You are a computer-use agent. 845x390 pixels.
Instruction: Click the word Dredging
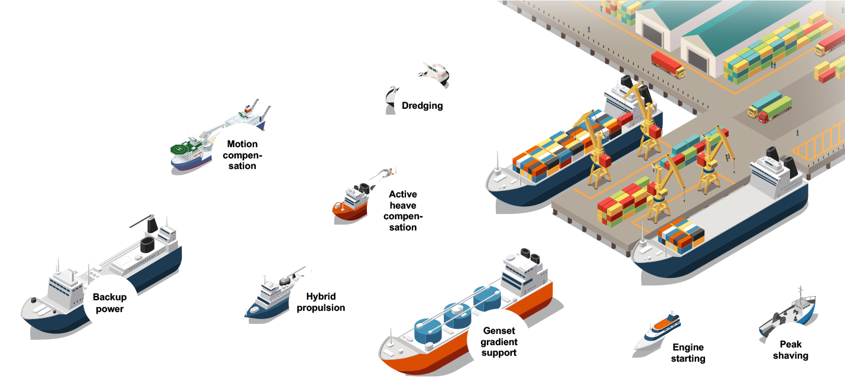(422, 106)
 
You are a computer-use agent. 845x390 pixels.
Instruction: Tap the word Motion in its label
(242, 144)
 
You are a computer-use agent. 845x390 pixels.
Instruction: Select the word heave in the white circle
(402, 206)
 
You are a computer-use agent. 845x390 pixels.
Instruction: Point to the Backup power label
(109, 303)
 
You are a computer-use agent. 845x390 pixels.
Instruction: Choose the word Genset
(499, 331)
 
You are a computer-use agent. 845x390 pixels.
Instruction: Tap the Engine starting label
(688, 353)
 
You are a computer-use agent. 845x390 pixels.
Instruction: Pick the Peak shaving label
(790, 350)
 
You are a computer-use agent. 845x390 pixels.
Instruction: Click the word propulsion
(320, 308)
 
